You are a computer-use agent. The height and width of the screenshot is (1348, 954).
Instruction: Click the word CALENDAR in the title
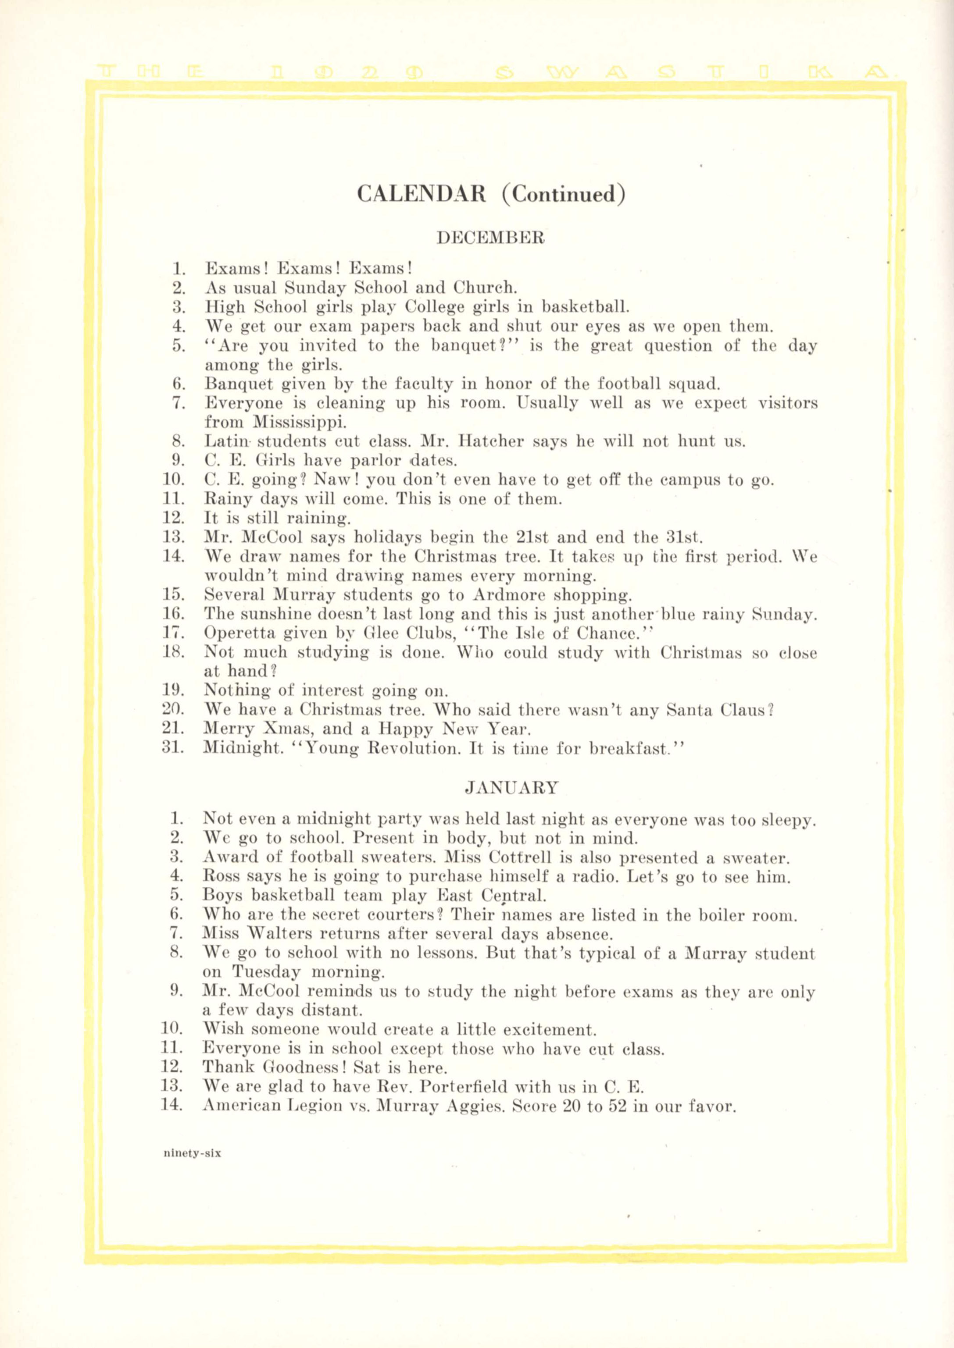pos(421,194)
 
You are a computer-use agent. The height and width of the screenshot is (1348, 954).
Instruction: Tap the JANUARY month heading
pos(511,787)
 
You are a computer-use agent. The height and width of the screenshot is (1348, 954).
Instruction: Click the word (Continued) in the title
pos(563,194)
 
